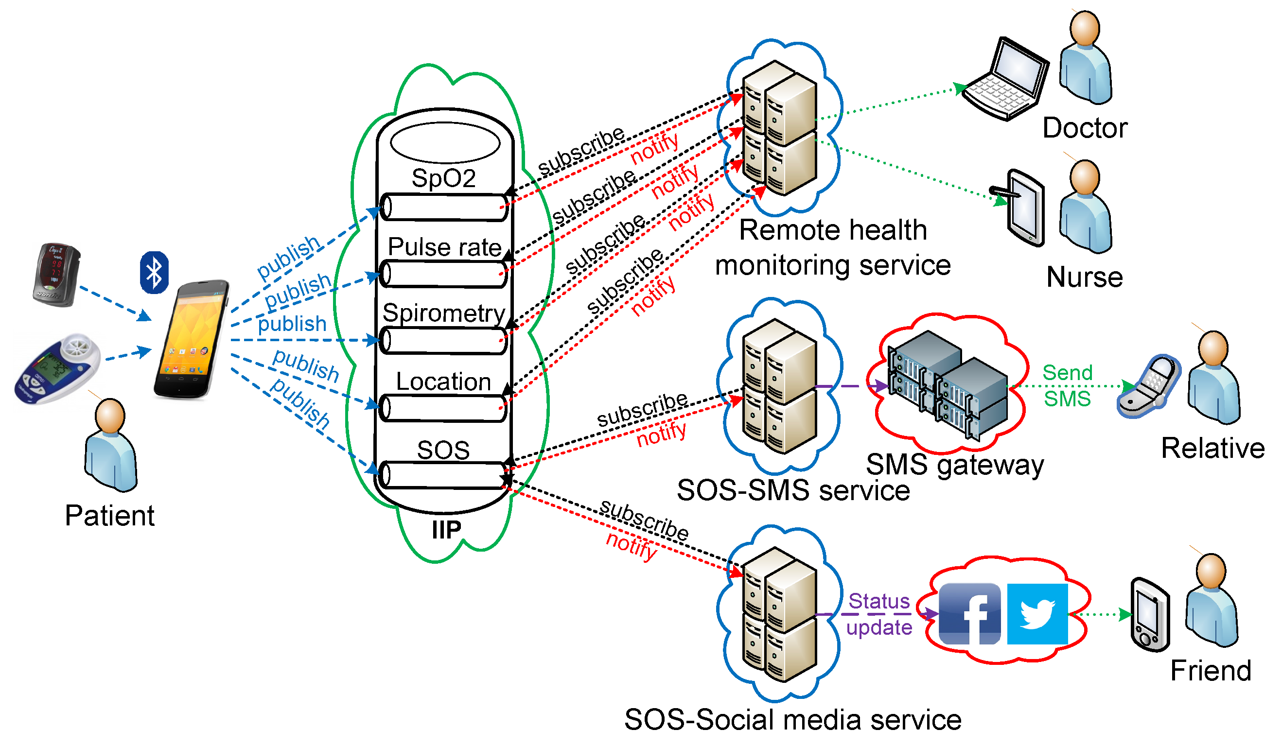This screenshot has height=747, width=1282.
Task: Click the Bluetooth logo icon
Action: [154, 273]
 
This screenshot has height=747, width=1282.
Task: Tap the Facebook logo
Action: [969, 614]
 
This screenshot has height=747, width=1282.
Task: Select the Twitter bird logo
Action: [1037, 614]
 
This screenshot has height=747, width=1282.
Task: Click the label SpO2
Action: [443, 178]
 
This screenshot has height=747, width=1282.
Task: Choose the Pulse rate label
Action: [445, 247]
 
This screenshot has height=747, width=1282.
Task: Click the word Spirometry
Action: [443, 313]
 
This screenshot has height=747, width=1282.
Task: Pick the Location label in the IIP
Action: [443, 382]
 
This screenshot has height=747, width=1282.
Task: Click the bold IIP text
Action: [446, 530]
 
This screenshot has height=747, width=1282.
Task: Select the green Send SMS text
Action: [1067, 385]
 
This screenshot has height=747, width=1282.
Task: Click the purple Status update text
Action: [878, 614]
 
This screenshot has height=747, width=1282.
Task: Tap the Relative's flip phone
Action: [1148, 386]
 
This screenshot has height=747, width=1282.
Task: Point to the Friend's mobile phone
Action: [1150, 614]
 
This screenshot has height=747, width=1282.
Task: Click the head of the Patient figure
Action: [110, 416]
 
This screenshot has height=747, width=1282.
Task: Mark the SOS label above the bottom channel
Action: [443, 450]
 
